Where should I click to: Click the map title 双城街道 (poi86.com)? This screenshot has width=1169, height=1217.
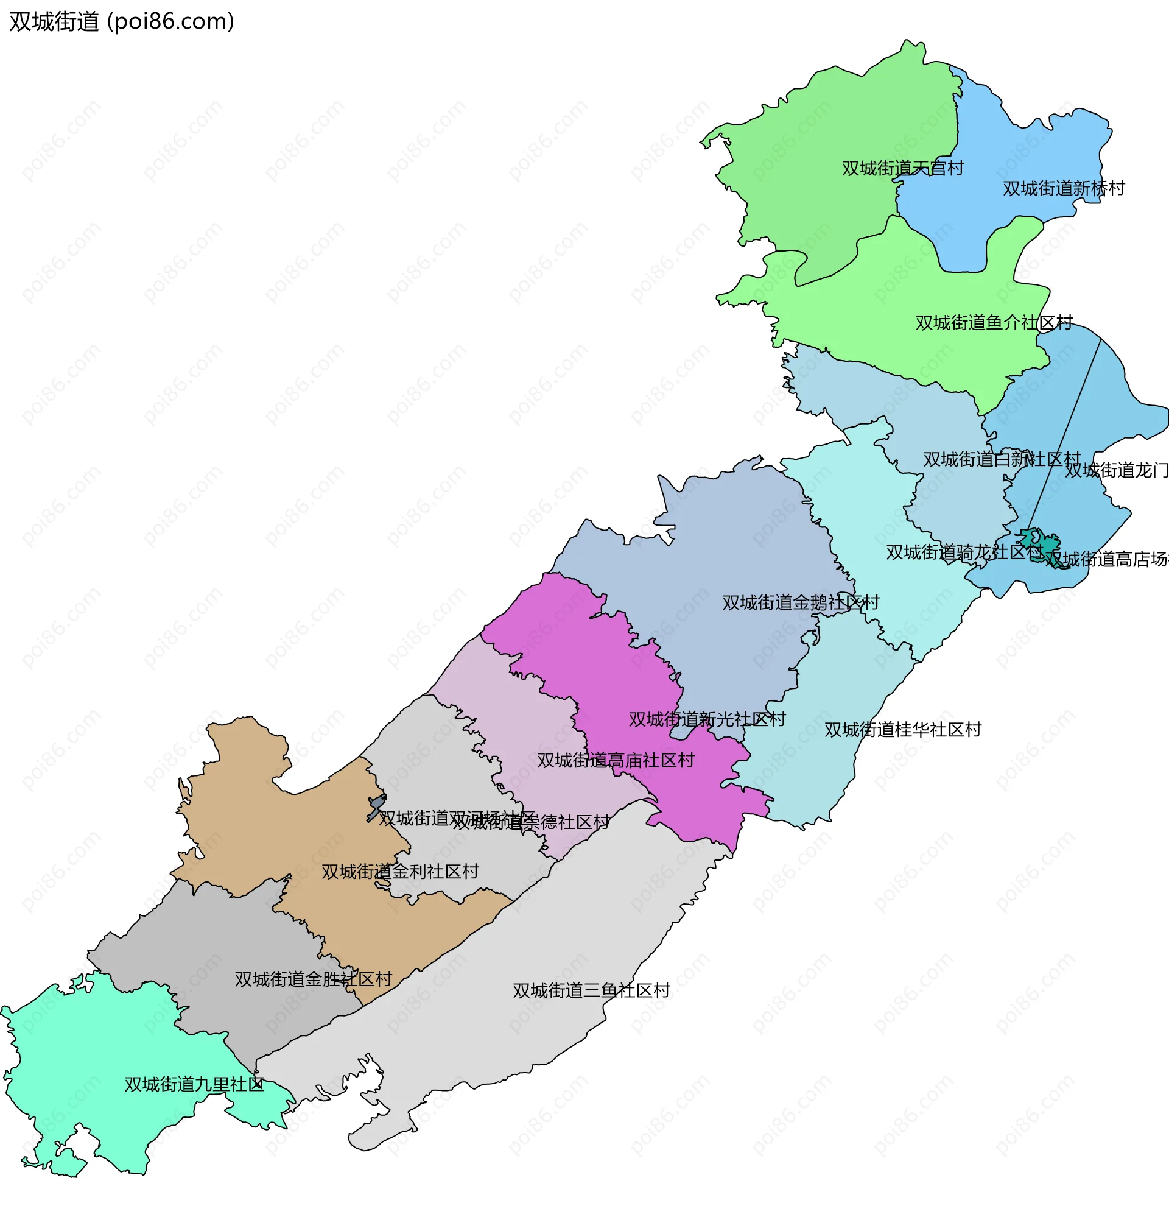coord(122,22)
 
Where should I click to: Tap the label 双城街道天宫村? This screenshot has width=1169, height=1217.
coord(902,168)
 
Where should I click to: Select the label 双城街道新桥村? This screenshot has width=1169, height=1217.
coord(1064,188)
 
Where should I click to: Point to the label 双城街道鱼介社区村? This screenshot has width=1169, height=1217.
coord(993,323)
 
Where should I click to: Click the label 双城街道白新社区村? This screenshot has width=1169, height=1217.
coord(1001,459)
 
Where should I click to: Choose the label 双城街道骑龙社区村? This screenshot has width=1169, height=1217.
coord(963,552)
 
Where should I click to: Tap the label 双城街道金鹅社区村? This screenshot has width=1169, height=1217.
coord(800,602)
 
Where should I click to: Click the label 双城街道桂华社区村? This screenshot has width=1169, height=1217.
coord(902,730)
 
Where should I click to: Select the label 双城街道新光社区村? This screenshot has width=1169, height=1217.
coord(706,719)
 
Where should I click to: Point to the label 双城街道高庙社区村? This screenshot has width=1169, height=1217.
coord(614,761)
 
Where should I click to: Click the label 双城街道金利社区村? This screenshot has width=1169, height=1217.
coord(400,872)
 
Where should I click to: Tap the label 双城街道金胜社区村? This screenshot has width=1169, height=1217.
coord(313,979)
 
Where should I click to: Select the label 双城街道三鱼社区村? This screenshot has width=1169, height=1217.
coord(591,990)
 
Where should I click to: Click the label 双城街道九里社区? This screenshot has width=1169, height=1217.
coord(194,1084)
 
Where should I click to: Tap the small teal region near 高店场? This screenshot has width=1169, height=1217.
coord(1048,545)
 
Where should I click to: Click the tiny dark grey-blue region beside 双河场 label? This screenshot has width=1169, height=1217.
coord(376,806)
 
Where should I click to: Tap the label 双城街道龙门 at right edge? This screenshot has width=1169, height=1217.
coord(1116,471)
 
